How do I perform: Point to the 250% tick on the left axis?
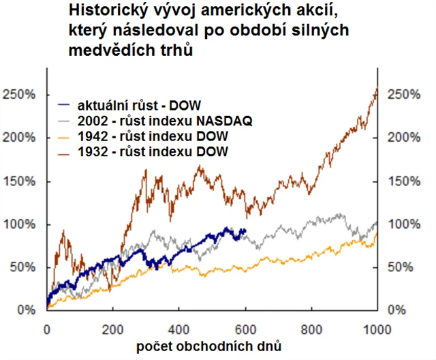20,94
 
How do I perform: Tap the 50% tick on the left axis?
23,267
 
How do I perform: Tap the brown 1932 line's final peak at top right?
376,89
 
